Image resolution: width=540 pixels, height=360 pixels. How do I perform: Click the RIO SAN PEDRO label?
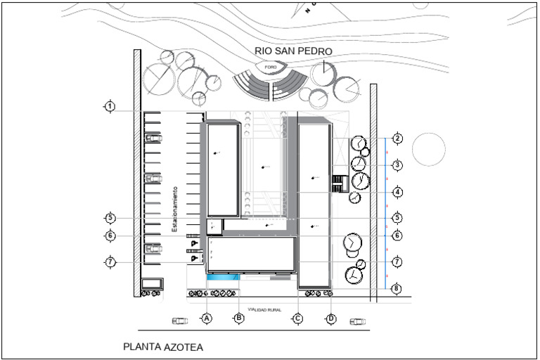293,51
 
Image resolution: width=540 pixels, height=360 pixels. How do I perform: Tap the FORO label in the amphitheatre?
271,67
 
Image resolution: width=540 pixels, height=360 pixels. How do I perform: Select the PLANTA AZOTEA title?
163,347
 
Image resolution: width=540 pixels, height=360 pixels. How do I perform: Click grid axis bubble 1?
110,106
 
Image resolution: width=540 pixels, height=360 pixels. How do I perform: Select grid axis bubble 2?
397,139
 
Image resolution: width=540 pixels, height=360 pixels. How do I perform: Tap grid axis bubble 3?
397,165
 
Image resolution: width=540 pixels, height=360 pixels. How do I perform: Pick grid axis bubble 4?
397,191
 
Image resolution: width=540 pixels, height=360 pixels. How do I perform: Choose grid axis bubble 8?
397,288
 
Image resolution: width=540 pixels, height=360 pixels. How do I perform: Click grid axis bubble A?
207,319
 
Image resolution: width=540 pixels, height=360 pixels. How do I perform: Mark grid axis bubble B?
239,319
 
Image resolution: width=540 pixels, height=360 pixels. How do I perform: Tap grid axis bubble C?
298,319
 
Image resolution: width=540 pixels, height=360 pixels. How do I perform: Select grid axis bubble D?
331,319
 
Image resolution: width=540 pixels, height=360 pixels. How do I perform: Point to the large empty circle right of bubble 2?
428,149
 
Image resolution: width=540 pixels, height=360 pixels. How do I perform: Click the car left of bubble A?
181,321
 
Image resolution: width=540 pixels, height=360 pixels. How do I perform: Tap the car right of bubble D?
358,321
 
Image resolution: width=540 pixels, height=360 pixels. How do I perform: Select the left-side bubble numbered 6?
110,236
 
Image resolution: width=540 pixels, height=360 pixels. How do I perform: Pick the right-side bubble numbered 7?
397,262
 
